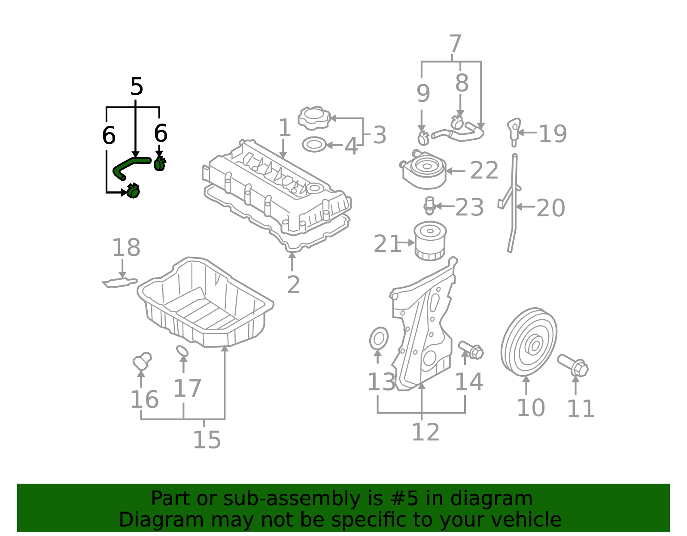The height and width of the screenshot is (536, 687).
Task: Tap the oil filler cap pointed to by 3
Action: point(314,118)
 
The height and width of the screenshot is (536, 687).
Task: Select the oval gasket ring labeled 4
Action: point(314,145)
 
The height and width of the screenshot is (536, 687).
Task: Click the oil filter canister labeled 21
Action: point(430,241)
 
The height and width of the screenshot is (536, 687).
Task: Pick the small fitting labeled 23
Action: point(429,206)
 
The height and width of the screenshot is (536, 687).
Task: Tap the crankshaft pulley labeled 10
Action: point(529,342)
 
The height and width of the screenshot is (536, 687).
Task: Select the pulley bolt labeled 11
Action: point(572,366)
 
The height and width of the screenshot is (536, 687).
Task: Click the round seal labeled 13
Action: point(379,339)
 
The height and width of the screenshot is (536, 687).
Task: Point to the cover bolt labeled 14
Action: point(471,350)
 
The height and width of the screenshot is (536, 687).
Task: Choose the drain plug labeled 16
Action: point(142,361)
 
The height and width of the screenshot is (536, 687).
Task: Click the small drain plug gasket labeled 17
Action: point(182,351)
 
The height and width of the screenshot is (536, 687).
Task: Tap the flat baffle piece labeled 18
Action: point(119,283)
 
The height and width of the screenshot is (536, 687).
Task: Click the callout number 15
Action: point(207,440)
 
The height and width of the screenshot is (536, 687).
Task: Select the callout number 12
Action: point(426,432)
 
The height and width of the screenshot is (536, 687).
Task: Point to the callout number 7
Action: point(455,43)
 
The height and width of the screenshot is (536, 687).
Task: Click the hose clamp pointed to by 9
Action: point(423,138)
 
